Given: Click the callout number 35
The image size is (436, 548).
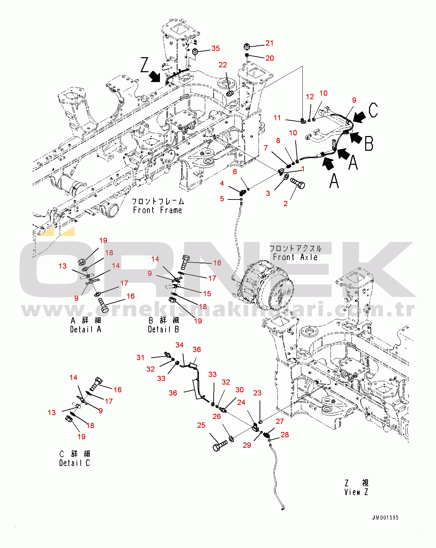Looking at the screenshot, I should (215, 48).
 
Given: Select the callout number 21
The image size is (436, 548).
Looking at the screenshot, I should (269, 43).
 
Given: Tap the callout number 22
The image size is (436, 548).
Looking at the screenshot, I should (223, 65).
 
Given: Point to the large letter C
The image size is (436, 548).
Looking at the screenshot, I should (373, 110).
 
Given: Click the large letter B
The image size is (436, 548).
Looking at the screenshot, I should (369, 143).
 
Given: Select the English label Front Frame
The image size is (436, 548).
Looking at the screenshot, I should (157, 210).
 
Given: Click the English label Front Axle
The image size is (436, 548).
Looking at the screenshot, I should (295, 257).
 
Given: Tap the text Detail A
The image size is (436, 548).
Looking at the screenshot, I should (86, 330).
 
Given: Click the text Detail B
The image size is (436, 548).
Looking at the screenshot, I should (163, 330).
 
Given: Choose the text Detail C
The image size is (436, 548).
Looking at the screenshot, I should (74, 463).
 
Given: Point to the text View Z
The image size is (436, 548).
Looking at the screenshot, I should (356, 492).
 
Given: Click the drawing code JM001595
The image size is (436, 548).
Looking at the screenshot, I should (385, 517).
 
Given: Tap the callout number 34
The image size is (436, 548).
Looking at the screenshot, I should (179, 345).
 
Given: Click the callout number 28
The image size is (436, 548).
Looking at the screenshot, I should (284, 435).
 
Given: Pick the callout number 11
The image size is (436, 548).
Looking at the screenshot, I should (277, 118).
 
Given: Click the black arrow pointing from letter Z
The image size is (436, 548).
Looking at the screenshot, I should (155, 77).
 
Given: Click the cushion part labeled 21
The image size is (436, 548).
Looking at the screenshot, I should (247, 47).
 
